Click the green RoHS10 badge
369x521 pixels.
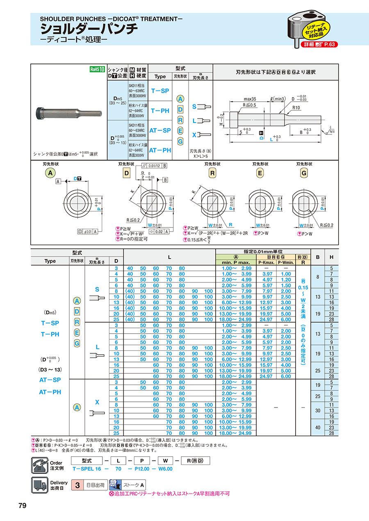98,70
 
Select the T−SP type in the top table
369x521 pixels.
160,91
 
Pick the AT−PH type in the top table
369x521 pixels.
160,150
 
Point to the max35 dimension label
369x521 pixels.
250,99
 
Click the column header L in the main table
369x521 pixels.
169,257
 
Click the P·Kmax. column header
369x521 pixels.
267,261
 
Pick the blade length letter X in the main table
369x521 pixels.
97,403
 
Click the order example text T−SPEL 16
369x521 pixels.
87,469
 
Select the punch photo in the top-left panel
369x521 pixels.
68,111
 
